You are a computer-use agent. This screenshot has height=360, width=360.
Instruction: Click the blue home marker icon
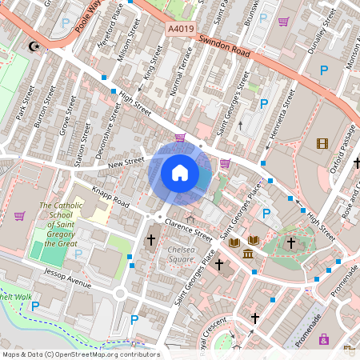tap(180, 173)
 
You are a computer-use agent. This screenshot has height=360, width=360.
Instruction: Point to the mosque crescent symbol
tap(34, 46)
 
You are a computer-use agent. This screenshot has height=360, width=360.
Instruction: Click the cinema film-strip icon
tap(322, 144)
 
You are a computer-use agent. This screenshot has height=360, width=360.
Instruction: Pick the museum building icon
tap(248, 254)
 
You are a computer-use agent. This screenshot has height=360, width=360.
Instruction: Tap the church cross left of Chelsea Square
tap(150, 239)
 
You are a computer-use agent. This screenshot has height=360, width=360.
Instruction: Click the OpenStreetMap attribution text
tap(80, 354)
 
